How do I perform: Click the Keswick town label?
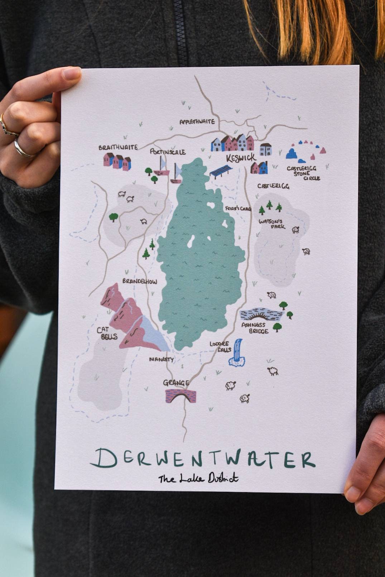coord(241,157)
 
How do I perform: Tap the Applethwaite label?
coord(197,122)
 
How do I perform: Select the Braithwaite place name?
coord(113,147)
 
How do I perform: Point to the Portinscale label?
coord(168,152)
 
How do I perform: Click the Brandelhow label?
coord(140,281)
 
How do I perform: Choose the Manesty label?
coord(161,359)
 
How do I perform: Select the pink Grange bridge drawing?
coord(181,396)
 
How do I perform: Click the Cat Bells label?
coord(107,334)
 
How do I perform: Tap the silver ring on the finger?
coord(21,149)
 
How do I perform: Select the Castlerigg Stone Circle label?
coord(303,173)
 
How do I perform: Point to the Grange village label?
coord(176,383)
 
